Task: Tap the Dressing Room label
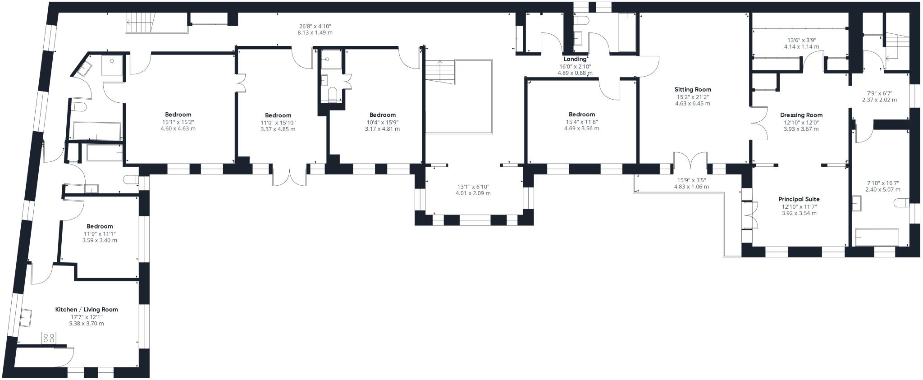click(801, 115)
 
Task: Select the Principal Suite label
click(799, 199)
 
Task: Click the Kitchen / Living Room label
click(87, 310)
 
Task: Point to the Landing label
click(575, 59)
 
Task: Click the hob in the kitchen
click(49, 338)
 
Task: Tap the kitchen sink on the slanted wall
click(25, 318)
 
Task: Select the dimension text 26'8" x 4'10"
click(315, 26)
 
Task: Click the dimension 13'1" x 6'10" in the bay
click(473, 187)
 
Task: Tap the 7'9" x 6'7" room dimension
click(879, 93)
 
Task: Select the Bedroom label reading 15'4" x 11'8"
click(582, 114)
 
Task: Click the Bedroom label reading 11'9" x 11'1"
click(100, 226)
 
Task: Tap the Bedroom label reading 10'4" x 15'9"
click(382, 115)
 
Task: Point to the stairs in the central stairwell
click(441, 71)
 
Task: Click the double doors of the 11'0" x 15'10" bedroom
click(290, 175)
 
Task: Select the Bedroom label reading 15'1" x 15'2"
click(178, 114)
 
